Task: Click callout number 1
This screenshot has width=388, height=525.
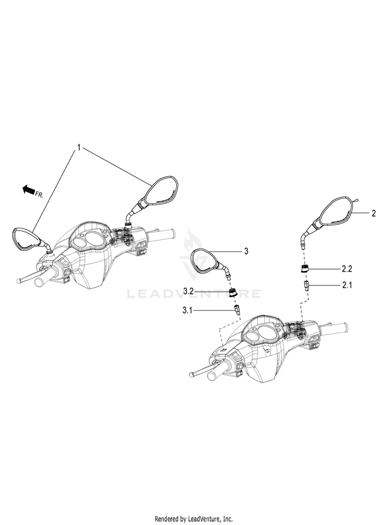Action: point(79,148)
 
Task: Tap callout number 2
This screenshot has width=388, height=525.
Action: point(374,213)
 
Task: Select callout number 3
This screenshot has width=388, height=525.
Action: point(246,251)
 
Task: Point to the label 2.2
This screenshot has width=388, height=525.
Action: point(347,269)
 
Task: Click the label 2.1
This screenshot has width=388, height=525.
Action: point(347,285)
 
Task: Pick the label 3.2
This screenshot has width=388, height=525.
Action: point(188,291)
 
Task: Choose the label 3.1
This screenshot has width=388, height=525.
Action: point(188,310)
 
